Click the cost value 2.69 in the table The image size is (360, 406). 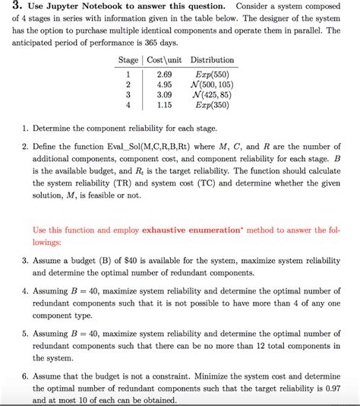coord(163,75)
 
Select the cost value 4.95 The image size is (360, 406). coord(163,85)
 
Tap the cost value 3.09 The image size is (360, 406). coord(163,96)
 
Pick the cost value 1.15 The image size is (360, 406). coord(163,106)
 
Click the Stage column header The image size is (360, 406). coord(128,60)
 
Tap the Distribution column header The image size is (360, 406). coord(212,60)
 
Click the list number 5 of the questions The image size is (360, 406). coord(25,333)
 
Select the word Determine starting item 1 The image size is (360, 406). coord(55,128)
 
